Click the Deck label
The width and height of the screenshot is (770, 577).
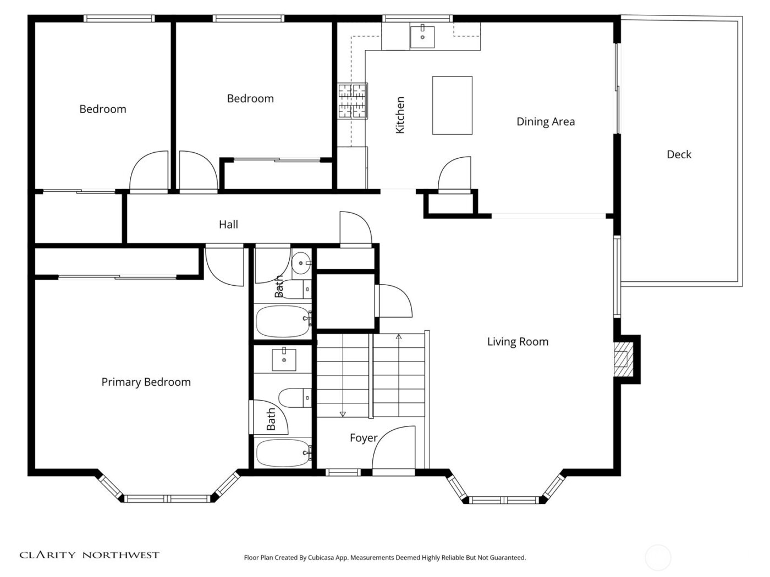pos(679,154)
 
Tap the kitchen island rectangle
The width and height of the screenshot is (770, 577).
pos(452,106)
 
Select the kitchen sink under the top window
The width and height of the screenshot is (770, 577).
pos(422,37)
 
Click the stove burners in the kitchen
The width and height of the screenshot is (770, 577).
pos(353,101)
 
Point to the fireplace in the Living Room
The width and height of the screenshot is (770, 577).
pos(622,359)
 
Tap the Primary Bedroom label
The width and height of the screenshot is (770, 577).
pos(146,382)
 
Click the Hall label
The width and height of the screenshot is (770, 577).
pos(228,224)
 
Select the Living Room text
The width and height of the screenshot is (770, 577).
pos(518,342)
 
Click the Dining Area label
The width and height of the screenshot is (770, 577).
pos(545,121)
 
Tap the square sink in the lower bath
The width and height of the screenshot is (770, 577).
pos(284,360)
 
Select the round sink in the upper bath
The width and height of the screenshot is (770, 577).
pos(301,263)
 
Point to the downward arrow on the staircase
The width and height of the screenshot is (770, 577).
pos(343,413)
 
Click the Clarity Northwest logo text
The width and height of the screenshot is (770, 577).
pos(90,555)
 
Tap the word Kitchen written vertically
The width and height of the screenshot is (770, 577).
pos(400,115)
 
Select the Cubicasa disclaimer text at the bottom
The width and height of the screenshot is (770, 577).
pos(384,557)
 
